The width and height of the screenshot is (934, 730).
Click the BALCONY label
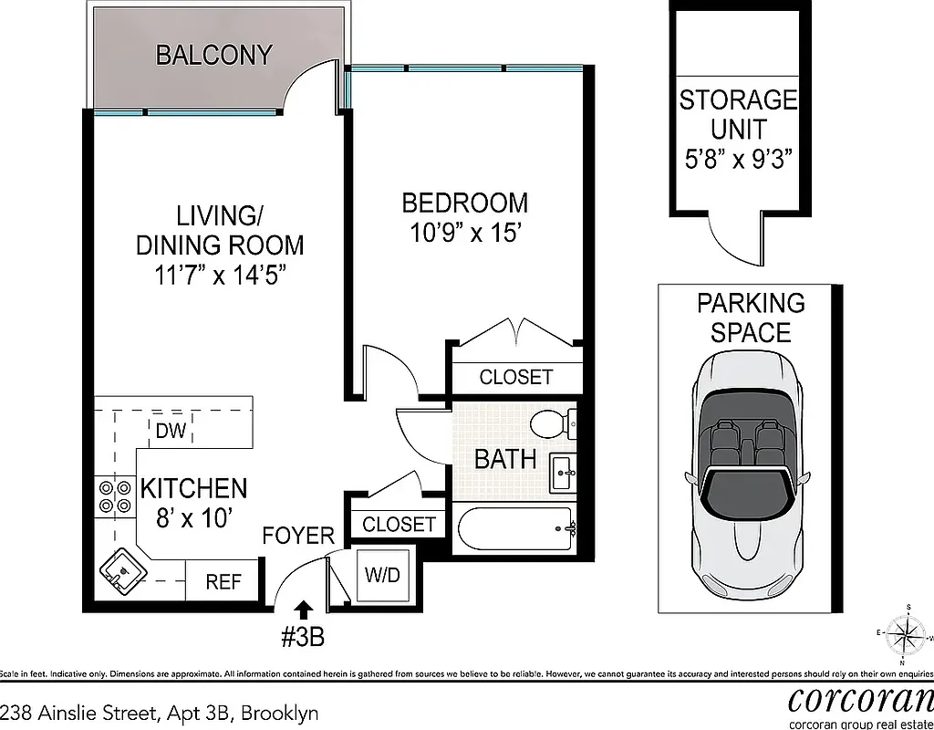pyautogui.click(x=213, y=55)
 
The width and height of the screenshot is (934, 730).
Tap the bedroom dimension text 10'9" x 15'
pyautogui.click(x=464, y=232)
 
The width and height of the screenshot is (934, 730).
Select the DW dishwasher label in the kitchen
pyautogui.click(x=171, y=432)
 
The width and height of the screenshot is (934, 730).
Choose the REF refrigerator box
pyautogui.click(x=223, y=582)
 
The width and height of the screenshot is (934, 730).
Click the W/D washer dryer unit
pyautogui.click(x=382, y=576)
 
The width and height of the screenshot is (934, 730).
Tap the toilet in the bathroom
pyautogui.click(x=551, y=423)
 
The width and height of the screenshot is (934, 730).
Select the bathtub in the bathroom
pyautogui.click(x=515, y=528)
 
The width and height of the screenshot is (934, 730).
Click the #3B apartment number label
pyautogui.click(x=302, y=636)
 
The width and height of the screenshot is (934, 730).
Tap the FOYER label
pyautogui.click(x=298, y=536)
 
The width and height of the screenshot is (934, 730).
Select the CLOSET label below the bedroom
pyautogui.click(x=515, y=377)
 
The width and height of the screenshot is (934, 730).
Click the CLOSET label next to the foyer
pyautogui.click(x=399, y=524)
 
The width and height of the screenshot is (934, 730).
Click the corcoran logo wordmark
pyautogui.click(x=860, y=699)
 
